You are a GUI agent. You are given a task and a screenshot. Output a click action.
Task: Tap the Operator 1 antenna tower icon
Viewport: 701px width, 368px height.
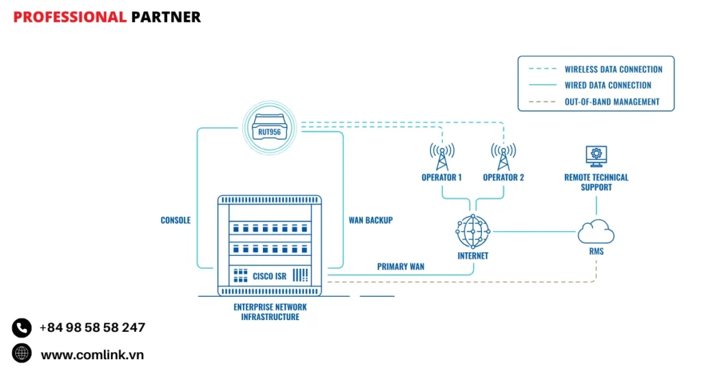pyautogui.click(x=442, y=157)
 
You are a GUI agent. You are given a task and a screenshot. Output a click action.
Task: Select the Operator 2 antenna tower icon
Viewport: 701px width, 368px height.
pyautogui.click(x=503, y=157)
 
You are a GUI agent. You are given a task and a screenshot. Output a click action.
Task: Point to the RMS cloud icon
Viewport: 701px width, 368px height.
pyautogui.click(x=596, y=233)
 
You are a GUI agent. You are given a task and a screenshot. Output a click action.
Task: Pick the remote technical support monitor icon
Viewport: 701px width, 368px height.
pyautogui.click(x=596, y=157)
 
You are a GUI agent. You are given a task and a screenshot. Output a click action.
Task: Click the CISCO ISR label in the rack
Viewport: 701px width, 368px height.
pyautogui.click(x=269, y=276)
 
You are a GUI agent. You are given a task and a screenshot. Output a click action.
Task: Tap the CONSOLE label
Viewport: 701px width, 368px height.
pyautogui.click(x=175, y=220)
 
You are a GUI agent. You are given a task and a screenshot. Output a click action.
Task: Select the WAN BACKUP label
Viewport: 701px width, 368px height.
pyautogui.click(x=370, y=220)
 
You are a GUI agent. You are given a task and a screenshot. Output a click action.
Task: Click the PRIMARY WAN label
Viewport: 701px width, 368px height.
pyautogui.click(x=400, y=266)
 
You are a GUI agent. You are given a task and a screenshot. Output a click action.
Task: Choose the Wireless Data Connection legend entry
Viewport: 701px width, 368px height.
pyautogui.click(x=613, y=69)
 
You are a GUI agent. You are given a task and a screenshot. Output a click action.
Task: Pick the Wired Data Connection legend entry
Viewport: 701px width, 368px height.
pyautogui.click(x=608, y=86)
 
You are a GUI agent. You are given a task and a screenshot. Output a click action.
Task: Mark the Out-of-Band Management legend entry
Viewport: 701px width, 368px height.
pyautogui.click(x=612, y=102)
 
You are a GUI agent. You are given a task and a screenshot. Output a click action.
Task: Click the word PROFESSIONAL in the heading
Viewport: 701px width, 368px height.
pyautogui.click(x=70, y=17)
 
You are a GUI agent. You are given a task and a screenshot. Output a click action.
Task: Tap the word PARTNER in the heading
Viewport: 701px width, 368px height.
pyautogui.click(x=166, y=17)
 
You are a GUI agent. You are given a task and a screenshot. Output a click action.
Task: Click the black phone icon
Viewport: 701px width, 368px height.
pyautogui.click(x=22, y=328)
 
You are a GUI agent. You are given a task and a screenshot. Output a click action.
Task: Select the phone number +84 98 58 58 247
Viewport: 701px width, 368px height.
pyautogui.click(x=92, y=328)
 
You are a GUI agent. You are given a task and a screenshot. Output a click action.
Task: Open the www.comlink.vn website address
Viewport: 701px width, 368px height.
pyautogui.click(x=92, y=354)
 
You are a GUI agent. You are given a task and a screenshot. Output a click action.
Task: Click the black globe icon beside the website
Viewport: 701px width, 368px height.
pyautogui.click(x=22, y=354)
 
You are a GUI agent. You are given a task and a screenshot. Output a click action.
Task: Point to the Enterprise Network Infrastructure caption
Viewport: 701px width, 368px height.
pyautogui.click(x=270, y=312)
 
